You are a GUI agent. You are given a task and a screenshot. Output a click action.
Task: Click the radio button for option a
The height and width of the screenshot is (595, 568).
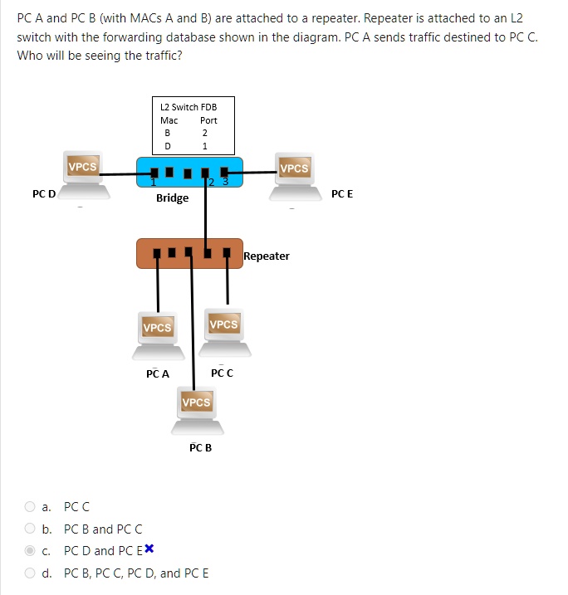[30, 506]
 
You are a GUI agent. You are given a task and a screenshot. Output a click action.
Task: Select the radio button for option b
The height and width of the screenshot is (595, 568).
[30, 529]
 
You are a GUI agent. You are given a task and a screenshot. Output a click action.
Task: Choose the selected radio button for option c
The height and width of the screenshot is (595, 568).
[30, 551]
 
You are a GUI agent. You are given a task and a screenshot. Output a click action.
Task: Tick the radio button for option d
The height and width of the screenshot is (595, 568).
[30, 573]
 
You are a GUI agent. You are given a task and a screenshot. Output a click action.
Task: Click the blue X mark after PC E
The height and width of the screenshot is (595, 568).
[149, 549]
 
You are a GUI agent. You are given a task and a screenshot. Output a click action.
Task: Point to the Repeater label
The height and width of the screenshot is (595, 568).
[267, 256]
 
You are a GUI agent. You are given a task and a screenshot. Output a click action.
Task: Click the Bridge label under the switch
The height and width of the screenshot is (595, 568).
[172, 198]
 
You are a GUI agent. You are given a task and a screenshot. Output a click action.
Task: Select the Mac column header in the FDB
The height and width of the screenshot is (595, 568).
[169, 120]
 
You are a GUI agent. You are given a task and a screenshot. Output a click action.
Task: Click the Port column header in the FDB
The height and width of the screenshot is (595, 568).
[208, 120]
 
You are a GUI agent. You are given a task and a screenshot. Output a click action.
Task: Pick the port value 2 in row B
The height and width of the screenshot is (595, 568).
[204, 133]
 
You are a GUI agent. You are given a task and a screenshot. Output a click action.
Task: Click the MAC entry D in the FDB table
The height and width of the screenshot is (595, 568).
[168, 146]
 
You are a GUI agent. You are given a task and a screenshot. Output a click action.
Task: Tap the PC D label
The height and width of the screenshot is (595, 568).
[44, 194]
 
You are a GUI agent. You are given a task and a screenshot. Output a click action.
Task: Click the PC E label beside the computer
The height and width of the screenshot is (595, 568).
[341, 193]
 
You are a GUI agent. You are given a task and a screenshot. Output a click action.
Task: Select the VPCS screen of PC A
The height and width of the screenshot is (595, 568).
[157, 328]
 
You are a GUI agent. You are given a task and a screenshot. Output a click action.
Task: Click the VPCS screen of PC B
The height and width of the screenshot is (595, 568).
[196, 402]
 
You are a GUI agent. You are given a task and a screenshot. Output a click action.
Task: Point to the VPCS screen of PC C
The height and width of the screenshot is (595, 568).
[223, 324]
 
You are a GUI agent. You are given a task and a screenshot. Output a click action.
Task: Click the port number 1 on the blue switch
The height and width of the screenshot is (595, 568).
[153, 183]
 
